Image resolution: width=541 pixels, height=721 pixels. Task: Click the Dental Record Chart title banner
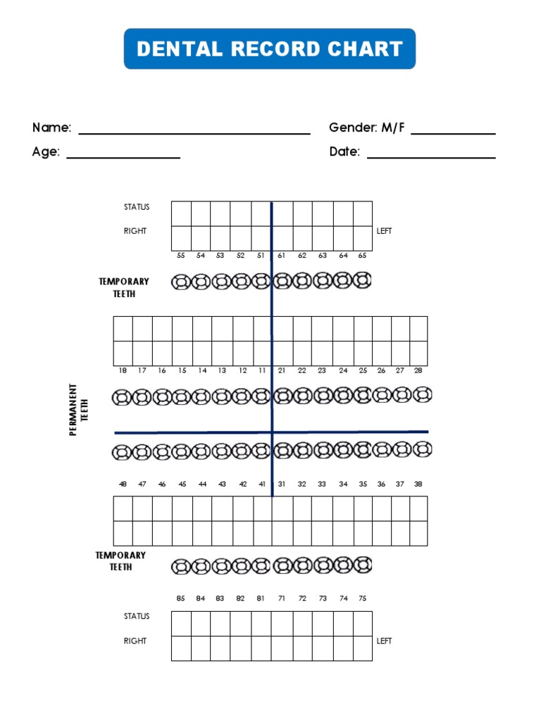(270, 49)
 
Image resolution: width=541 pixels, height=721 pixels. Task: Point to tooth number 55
(181, 256)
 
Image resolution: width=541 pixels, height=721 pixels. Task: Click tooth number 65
(362, 256)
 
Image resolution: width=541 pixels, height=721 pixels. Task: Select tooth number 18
(123, 370)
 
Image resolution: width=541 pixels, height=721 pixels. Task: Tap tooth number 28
(418, 370)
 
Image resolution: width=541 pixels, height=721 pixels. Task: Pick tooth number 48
(123, 484)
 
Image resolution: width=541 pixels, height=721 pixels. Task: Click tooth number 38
(418, 484)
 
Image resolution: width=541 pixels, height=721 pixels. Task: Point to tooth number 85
(181, 598)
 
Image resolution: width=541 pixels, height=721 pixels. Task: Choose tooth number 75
(362, 598)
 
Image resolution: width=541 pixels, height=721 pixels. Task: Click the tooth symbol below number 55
(181, 282)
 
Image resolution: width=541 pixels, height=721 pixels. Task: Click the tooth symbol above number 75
(362, 564)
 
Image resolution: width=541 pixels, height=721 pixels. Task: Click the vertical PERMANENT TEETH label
(77, 409)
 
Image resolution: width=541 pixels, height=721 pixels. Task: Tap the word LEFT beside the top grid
(384, 231)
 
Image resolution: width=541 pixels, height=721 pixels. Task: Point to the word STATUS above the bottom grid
(137, 616)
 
